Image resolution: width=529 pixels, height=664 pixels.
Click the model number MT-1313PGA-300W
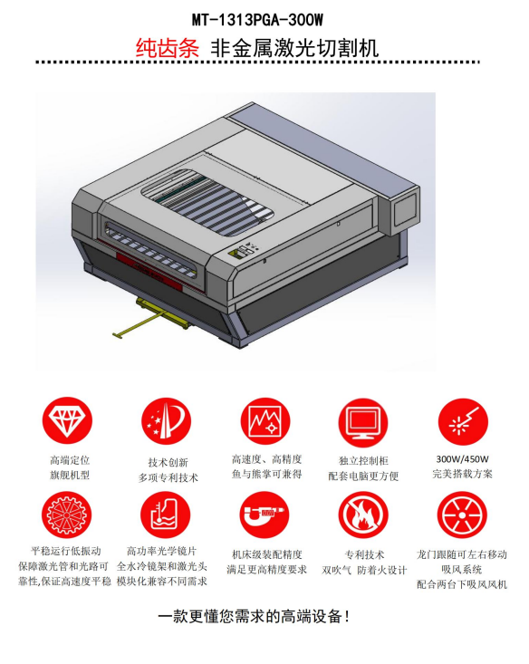point(257,20)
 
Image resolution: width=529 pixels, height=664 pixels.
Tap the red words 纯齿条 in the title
point(168,47)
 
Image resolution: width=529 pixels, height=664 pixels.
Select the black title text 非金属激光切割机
point(294,47)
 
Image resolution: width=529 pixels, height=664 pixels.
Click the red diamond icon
point(67,420)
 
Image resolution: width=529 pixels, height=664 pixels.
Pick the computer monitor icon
point(363,422)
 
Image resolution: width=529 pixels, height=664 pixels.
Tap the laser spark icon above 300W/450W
point(463,422)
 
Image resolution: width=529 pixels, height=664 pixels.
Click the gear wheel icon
point(66,515)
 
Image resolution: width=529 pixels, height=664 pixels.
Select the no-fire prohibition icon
point(363,515)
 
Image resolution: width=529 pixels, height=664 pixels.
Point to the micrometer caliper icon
point(264,515)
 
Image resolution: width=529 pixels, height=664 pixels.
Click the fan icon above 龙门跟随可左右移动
point(462,515)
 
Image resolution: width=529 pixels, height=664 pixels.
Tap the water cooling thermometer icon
point(165,515)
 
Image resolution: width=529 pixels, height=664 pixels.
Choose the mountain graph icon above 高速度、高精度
point(265,421)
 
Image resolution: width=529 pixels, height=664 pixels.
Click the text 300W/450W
point(462,459)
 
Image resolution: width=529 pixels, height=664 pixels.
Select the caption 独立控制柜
point(363,461)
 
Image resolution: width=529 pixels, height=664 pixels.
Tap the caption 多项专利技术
point(168,477)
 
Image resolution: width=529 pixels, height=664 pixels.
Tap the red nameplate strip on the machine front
point(149,271)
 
